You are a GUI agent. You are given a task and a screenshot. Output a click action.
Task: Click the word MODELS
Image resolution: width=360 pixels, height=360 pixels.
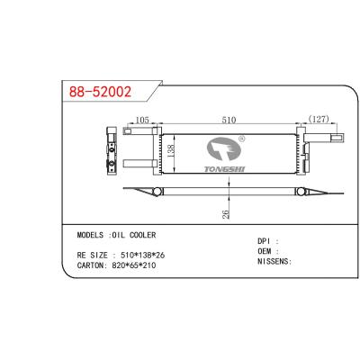94,234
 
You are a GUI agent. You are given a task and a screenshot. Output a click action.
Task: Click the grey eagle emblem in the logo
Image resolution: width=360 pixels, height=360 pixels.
224,148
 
